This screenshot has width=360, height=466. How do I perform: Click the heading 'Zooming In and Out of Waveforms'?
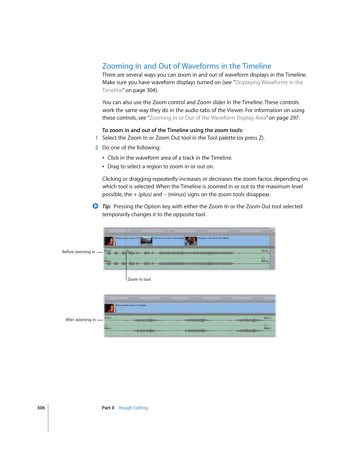click(x=186, y=66)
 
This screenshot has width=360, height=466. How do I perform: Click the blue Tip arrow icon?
click(x=95, y=206)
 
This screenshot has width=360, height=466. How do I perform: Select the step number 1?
click(x=97, y=138)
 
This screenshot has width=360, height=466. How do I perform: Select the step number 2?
click(x=97, y=148)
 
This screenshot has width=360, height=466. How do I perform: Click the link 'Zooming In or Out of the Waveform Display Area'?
click(x=208, y=118)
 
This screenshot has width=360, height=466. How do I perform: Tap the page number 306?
click(x=41, y=408)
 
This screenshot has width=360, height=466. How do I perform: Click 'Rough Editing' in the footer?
click(x=133, y=408)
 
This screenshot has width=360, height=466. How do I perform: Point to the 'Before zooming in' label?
click(x=78, y=252)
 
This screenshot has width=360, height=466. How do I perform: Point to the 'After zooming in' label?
click(x=80, y=320)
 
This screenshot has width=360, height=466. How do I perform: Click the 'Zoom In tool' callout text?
click(x=139, y=280)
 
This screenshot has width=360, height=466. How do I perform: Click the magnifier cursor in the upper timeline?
click(x=127, y=251)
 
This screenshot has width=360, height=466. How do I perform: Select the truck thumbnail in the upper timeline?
click(x=146, y=241)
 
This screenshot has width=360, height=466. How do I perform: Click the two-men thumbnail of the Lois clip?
click(x=191, y=241)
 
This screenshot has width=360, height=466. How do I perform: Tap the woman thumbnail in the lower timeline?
click(x=109, y=308)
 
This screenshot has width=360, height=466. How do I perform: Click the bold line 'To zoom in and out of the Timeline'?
click(x=172, y=130)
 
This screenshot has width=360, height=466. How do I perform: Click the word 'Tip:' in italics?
click(x=106, y=206)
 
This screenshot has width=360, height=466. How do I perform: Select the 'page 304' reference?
click(x=145, y=90)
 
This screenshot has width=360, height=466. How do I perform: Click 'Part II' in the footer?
click(x=108, y=408)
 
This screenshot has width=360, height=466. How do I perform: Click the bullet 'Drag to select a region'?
click(x=160, y=167)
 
